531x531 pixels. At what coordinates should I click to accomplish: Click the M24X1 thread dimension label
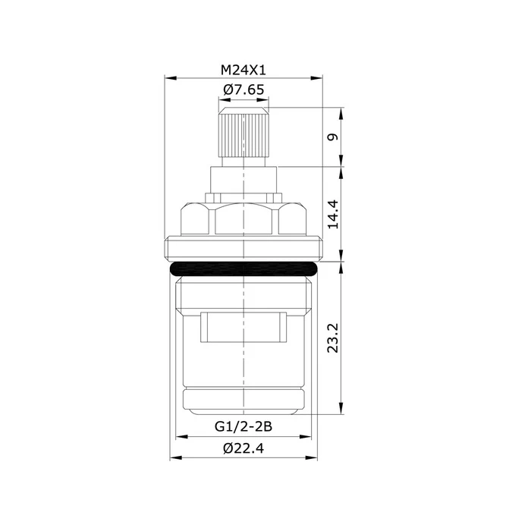[x=244, y=70]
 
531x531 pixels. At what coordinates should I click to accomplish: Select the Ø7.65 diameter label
[x=244, y=90]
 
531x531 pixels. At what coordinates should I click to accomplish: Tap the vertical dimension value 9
[x=333, y=137]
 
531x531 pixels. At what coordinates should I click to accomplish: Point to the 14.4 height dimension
[x=333, y=214]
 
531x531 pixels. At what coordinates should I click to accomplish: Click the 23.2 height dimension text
[x=333, y=338]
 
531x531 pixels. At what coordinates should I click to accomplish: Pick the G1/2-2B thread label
[x=244, y=426]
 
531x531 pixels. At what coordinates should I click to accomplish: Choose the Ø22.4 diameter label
[x=244, y=448]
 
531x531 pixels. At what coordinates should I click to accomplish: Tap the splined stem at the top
[x=244, y=137]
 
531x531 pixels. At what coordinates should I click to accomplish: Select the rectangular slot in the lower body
[x=244, y=327]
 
